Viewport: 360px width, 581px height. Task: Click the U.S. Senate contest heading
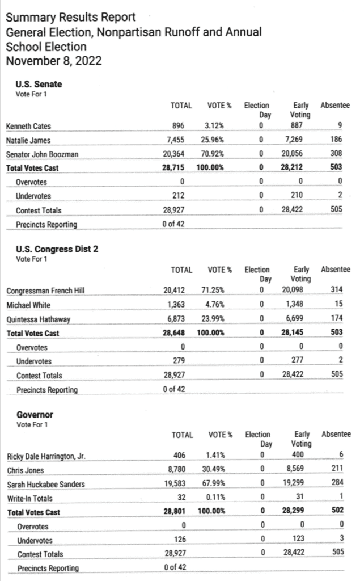point(39,85)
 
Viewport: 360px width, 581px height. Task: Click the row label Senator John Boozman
point(42,154)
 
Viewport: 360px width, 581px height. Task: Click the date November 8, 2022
point(54,61)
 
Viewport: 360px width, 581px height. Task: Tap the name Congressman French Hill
point(45,290)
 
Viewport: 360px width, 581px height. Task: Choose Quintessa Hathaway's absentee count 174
point(338,319)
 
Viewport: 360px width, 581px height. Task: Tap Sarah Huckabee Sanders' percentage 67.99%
point(214,484)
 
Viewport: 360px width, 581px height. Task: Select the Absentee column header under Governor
point(336,435)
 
